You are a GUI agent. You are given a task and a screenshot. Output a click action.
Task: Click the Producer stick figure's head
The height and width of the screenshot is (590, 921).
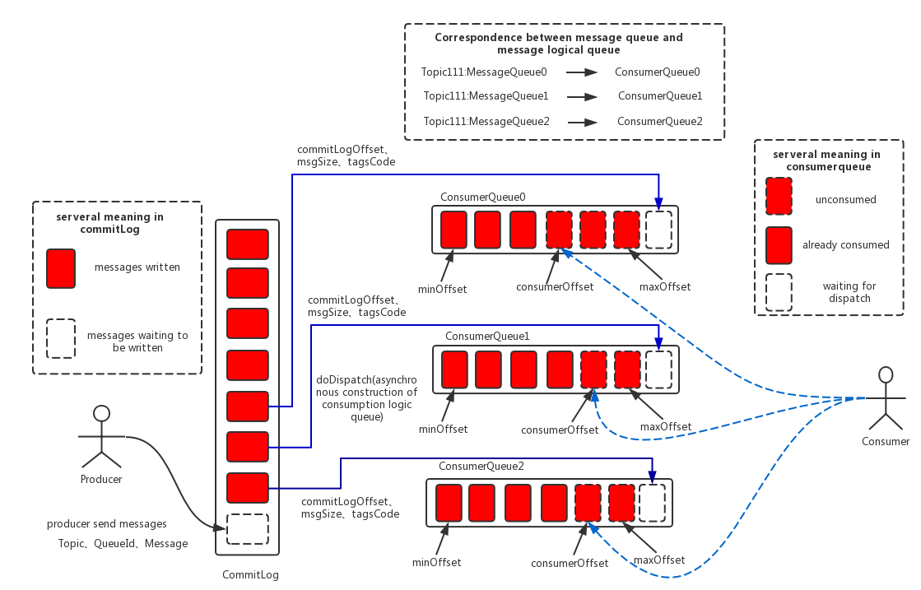(x=101, y=413)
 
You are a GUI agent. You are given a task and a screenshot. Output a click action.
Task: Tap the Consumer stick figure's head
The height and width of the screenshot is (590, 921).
(x=885, y=375)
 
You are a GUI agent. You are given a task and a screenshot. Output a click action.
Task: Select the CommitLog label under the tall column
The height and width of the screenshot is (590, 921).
(x=250, y=574)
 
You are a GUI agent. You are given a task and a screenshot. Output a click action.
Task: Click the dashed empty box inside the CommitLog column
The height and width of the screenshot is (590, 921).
(x=247, y=530)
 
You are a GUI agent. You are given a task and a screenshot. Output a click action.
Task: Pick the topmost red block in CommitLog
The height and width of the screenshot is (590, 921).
(x=247, y=244)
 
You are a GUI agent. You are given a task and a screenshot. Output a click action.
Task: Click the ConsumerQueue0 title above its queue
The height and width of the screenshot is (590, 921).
(x=483, y=197)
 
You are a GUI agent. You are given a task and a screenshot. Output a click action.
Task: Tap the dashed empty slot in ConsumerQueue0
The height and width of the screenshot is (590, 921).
(x=658, y=230)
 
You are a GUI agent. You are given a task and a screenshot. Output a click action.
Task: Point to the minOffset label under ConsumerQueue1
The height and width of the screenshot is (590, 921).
(x=444, y=430)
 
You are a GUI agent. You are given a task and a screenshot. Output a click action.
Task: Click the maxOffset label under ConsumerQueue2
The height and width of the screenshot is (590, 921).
(x=659, y=560)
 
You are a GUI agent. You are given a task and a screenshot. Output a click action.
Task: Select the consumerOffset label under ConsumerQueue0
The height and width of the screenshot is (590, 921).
(x=555, y=287)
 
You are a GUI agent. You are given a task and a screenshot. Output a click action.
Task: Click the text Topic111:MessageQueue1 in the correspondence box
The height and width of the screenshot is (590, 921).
(x=486, y=95)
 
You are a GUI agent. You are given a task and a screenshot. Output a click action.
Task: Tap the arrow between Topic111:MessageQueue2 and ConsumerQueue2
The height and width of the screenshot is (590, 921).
(x=582, y=123)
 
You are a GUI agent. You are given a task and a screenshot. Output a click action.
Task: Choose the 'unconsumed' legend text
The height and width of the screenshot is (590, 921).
(x=846, y=200)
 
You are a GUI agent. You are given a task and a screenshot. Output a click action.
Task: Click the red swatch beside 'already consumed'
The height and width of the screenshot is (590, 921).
(x=779, y=245)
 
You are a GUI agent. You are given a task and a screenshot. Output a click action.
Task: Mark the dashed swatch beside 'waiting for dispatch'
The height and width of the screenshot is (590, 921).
(x=779, y=292)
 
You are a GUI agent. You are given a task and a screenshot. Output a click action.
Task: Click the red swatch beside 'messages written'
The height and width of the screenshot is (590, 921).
(x=61, y=268)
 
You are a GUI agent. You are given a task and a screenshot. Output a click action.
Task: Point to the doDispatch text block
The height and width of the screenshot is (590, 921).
(x=366, y=398)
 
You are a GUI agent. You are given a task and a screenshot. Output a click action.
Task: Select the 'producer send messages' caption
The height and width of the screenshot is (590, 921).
(x=107, y=523)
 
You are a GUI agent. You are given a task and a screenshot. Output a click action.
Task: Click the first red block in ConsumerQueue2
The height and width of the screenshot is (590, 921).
(x=449, y=503)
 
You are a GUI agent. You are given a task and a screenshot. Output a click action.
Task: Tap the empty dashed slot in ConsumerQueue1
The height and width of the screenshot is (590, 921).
(x=658, y=369)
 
